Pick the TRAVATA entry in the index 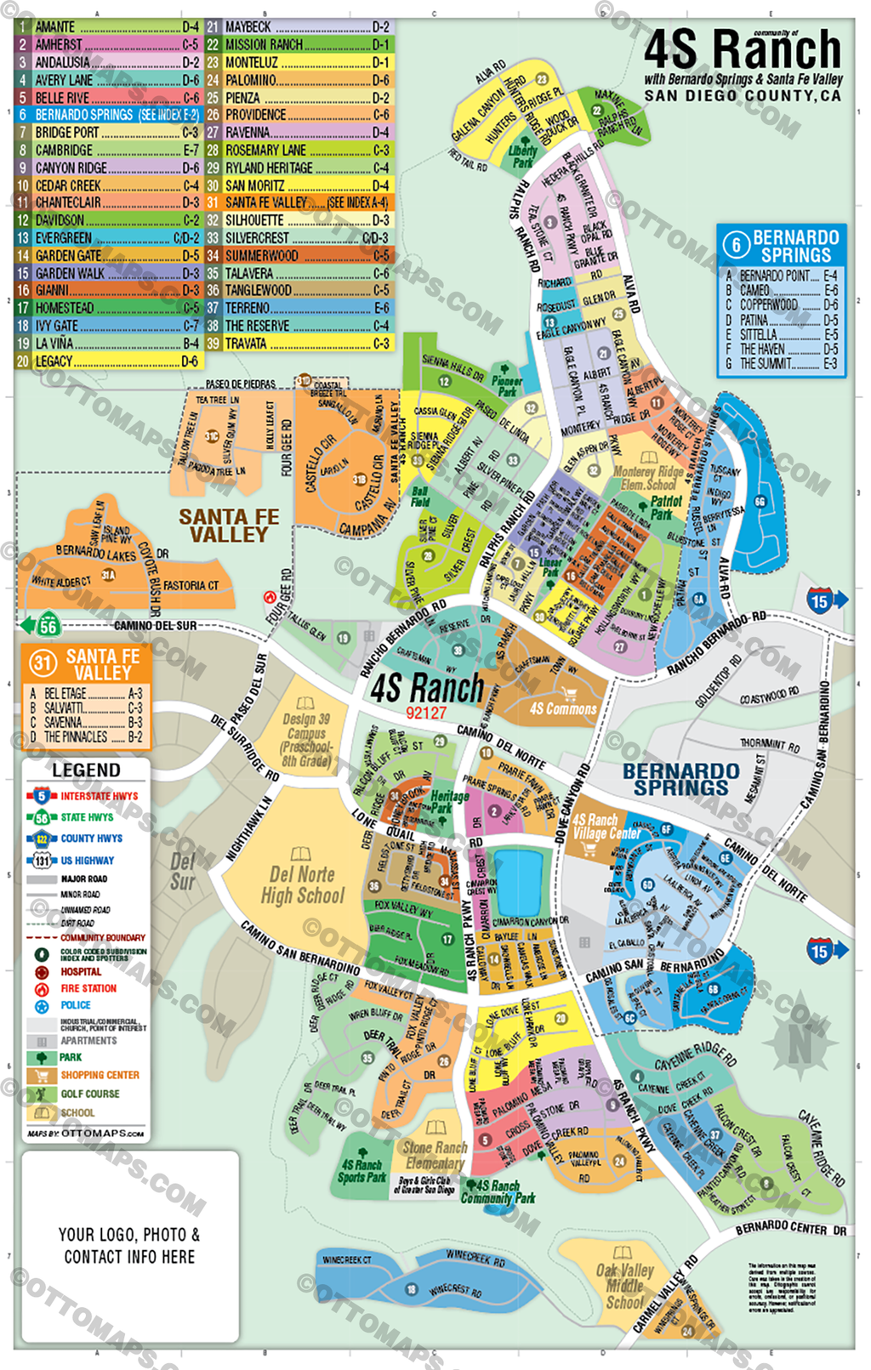298,344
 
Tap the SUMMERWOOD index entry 298,255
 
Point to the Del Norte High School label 302,884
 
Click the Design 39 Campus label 306,733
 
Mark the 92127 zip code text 426,713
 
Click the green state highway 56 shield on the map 47,627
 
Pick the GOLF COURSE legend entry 89,1094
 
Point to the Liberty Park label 522,156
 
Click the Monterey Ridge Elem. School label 648,477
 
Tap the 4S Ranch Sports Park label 361,1171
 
